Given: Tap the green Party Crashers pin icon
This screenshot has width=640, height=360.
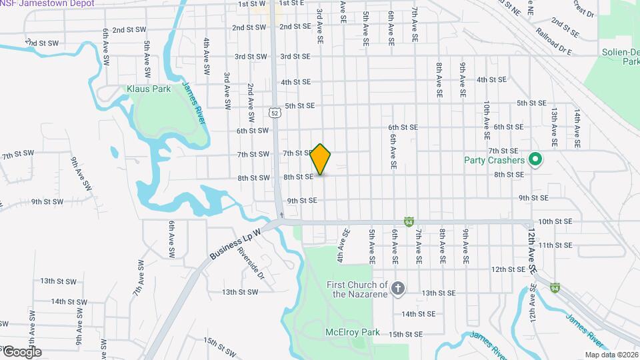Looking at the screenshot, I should pyautogui.click(x=534, y=160).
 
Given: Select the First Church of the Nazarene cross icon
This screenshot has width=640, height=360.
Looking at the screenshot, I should pyautogui.click(x=397, y=289).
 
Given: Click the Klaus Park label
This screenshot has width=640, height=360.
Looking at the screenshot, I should pyautogui.click(x=149, y=89).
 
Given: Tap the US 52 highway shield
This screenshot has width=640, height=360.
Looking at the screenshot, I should pyautogui.click(x=275, y=113).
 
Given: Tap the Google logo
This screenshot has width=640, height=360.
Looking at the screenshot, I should pyautogui.click(x=21, y=351).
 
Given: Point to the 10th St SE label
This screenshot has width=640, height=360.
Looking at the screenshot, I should pyautogui.click(x=555, y=221).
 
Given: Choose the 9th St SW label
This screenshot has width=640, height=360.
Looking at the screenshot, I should pyautogui.click(x=47, y=201).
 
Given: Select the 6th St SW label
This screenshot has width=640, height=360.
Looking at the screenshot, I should pyautogui.click(x=252, y=131).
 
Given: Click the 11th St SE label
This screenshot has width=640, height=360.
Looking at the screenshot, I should pyautogui.click(x=555, y=245).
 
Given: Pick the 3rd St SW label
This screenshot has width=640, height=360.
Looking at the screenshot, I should pyautogui.click(x=250, y=57).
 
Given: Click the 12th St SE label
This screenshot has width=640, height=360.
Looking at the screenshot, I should pyautogui.click(x=508, y=269).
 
